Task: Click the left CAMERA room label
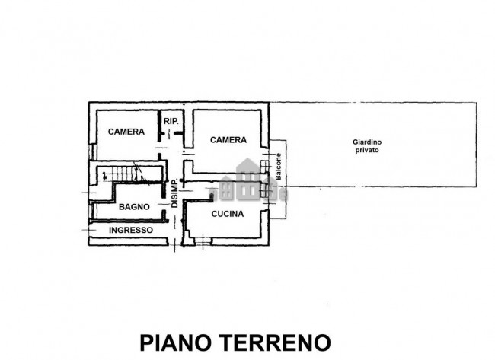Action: coord(126,132)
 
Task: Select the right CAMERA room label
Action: coord(228,139)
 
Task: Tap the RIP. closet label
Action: coord(171,120)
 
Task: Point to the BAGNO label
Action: coord(133,206)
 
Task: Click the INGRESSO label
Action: coord(130,230)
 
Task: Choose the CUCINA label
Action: coord(228,214)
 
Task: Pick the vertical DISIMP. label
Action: coord(174,194)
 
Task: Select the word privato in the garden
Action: coord(366,151)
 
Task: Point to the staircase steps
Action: coord(126,174)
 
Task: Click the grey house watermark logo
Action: coord(248,179)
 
